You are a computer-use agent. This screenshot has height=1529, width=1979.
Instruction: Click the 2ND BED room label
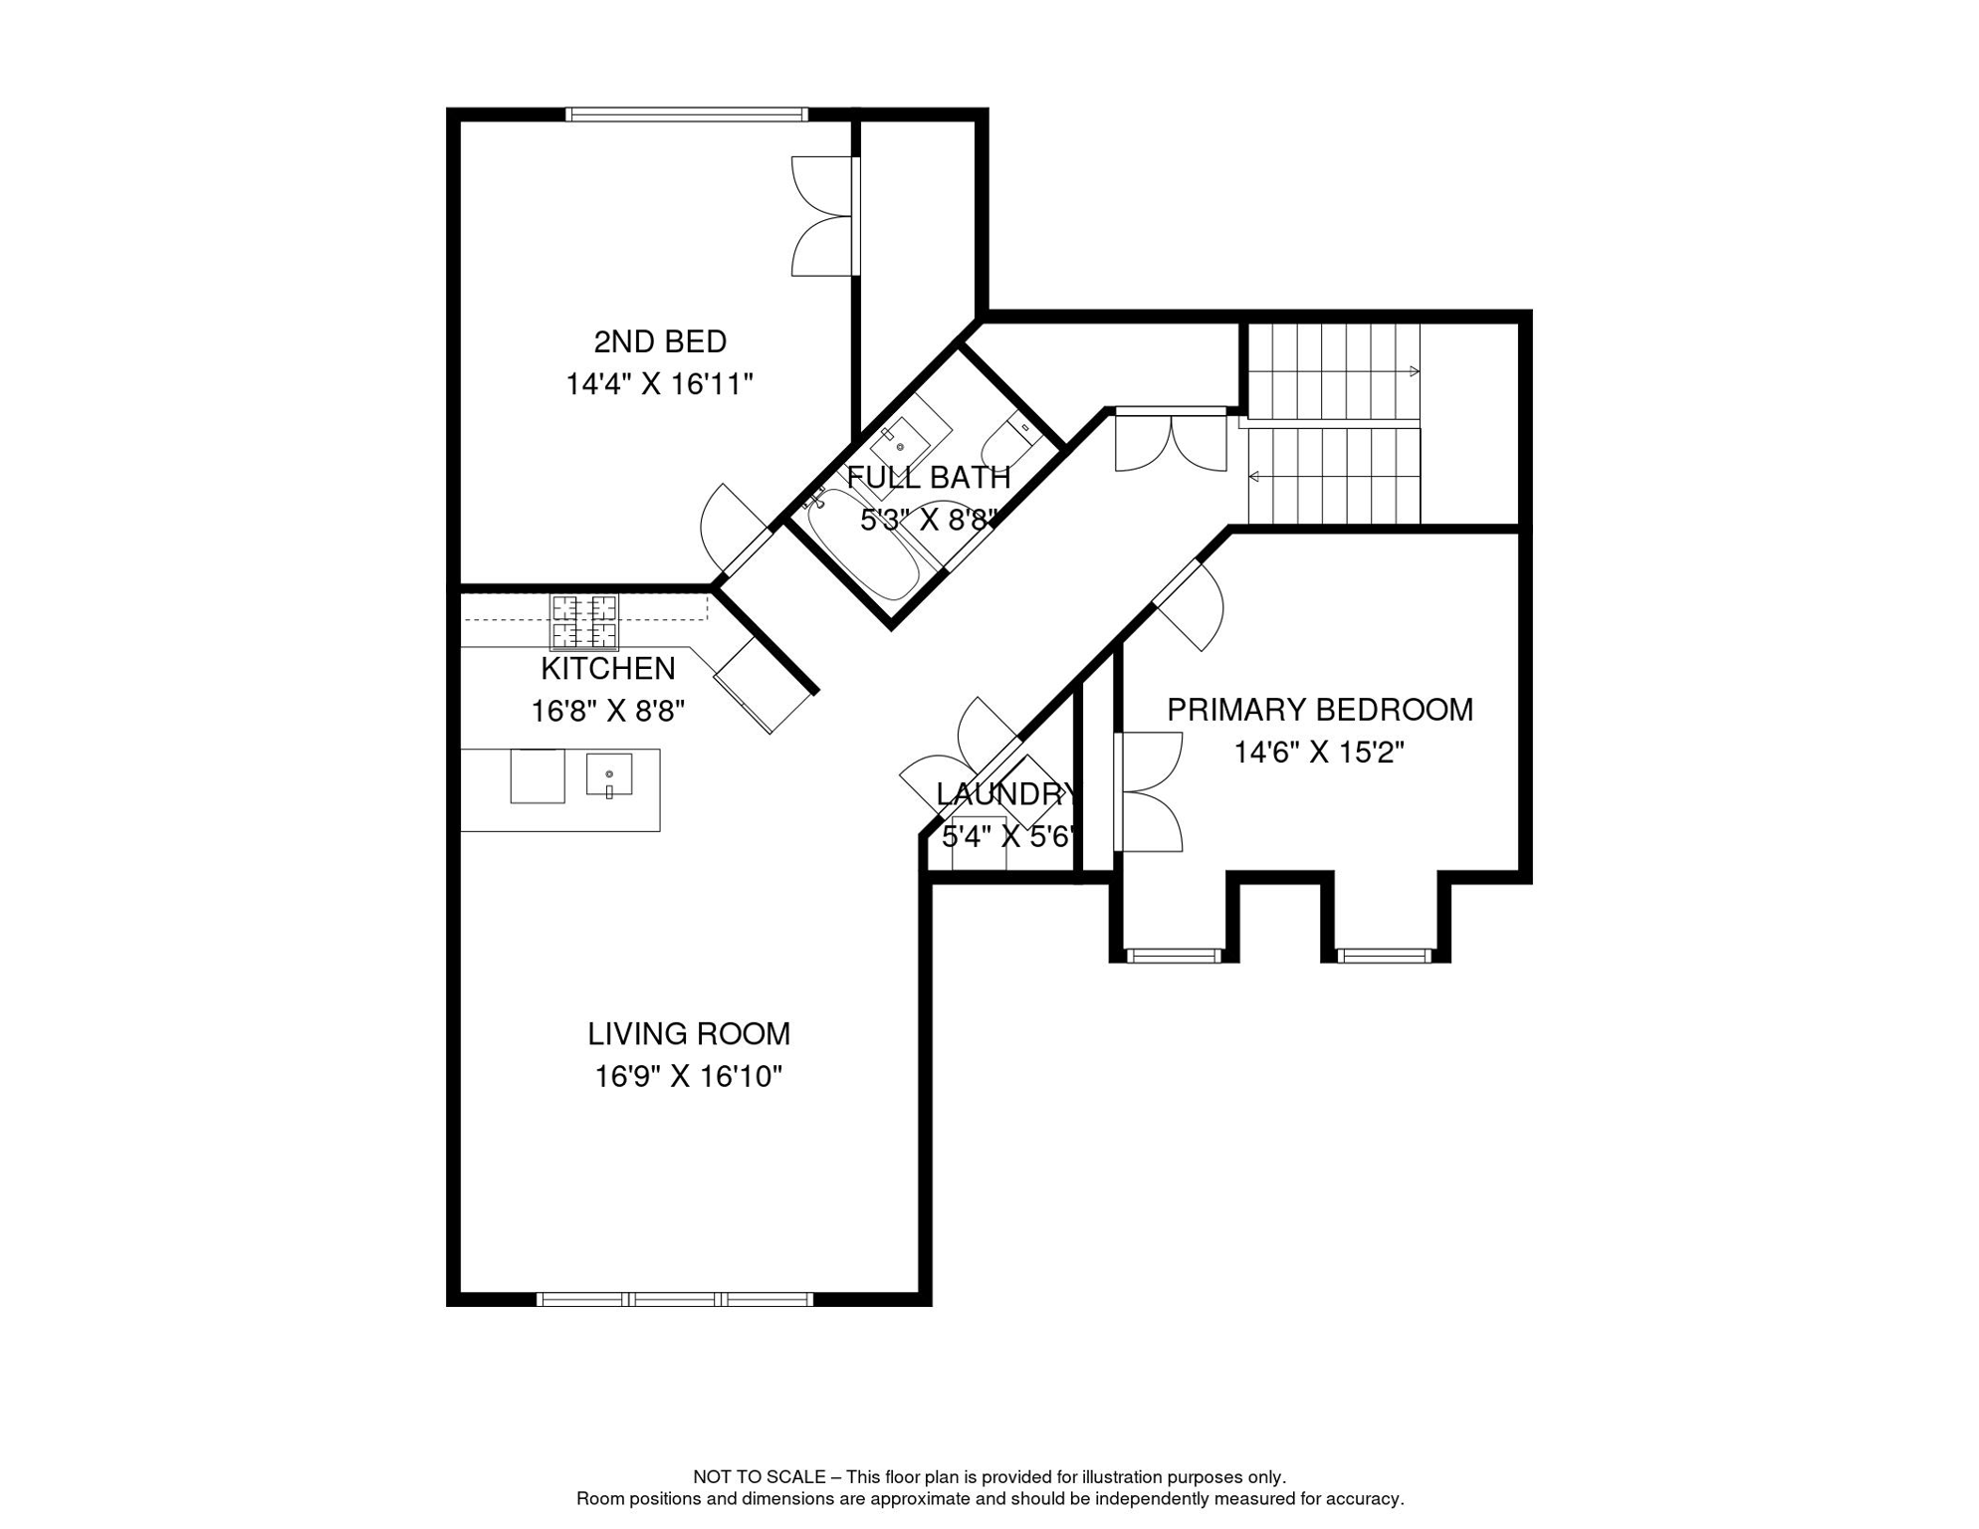coord(660,341)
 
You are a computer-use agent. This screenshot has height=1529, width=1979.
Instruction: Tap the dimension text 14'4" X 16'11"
coord(659,384)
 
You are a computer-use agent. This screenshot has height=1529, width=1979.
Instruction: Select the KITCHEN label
coord(607,668)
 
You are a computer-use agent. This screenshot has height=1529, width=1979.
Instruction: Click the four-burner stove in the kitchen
coord(584,621)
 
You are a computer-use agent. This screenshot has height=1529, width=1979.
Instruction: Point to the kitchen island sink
coord(609,774)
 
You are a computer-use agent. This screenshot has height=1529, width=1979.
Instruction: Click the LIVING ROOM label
coord(689,1034)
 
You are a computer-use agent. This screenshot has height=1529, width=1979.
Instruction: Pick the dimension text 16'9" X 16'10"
coord(689,1077)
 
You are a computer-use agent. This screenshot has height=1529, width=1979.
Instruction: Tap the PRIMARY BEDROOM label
coord(1320,710)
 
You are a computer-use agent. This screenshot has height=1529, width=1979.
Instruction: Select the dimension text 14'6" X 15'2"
coord(1319,753)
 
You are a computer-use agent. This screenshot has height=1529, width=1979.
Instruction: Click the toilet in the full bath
coord(1011,436)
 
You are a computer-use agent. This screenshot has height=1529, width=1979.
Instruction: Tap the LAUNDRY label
coord(1005,794)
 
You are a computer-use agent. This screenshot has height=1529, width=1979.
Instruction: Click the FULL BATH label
coord(929,478)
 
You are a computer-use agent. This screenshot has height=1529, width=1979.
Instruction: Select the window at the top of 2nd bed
coord(687,114)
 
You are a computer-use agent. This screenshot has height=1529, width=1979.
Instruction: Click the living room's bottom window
coord(675,1299)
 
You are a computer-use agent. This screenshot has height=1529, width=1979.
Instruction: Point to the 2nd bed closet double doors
coord(825,216)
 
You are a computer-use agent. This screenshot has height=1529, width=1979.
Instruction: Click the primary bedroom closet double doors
coord(1148,792)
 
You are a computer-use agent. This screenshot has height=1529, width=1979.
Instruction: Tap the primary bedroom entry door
coord(1188,606)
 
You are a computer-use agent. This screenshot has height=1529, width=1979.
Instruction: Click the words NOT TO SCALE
coord(760,1477)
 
